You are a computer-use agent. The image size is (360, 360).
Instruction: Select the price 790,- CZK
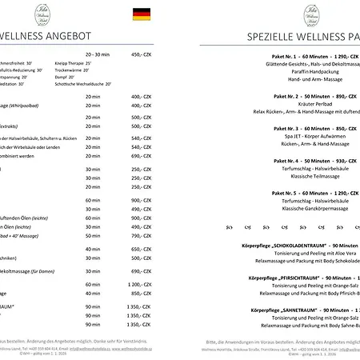click(x=140, y=236)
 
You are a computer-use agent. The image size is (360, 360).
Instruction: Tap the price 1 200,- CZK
click(x=139, y=285)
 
